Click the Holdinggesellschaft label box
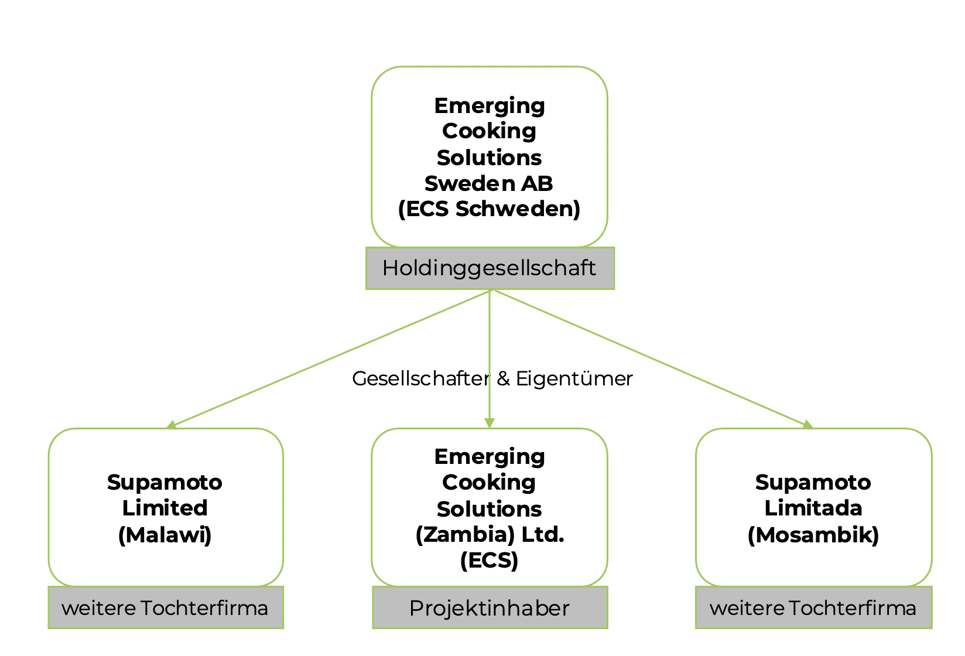pos(490,268)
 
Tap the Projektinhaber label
pos(490,608)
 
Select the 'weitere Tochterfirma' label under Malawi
pos(166,608)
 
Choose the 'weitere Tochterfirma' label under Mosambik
pos(813,608)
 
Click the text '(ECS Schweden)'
pos(490,209)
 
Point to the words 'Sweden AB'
pos(488,183)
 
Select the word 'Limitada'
pos(813,508)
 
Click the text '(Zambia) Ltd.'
pos(490,535)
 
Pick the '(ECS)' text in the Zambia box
pos(490,561)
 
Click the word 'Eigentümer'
pos(574,379)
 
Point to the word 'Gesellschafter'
pos(421,379)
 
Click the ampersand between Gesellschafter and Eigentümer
pos(503,379)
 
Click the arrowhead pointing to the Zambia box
pos(490,423)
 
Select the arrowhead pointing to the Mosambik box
pos(807,425)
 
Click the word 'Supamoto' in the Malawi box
pos(165,483)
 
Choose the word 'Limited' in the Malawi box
pos(165,508)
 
